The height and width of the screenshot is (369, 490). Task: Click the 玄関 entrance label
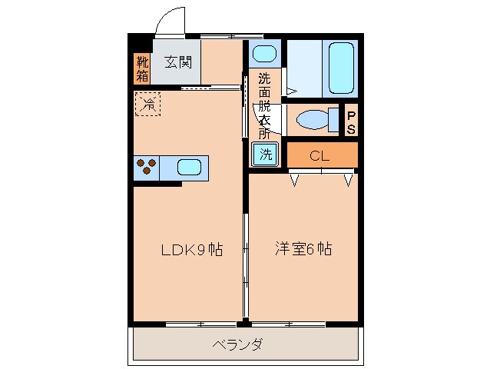177,62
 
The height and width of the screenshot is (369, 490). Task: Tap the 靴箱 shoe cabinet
143,68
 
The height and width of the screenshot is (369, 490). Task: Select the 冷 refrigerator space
148,104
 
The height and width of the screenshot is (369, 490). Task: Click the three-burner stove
147,167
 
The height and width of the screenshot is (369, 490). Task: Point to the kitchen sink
190,167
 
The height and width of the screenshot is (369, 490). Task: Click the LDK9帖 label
191,250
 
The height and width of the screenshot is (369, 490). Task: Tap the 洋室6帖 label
303,250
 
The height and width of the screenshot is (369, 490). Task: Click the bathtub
340,69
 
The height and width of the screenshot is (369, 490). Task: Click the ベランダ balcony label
237,344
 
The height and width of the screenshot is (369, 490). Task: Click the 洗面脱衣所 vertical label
264,104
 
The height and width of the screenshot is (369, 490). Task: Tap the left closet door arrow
295,181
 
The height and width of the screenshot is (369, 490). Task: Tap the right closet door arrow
348,181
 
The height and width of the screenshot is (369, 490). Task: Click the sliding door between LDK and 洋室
246,265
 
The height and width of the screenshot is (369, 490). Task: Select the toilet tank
334,120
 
